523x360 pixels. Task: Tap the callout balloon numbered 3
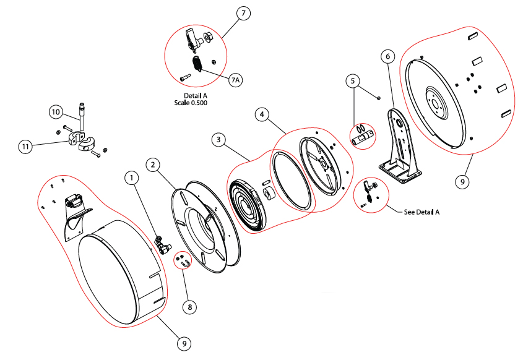coord(218,140)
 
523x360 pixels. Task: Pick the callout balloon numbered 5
coord(353,80)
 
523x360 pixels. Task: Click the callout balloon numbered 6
coord(387,56)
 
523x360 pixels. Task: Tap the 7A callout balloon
coord(235,80)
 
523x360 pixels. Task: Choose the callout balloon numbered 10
coord(56,112)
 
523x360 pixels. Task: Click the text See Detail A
coord(421,212)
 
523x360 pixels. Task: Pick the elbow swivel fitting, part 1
coord(163,244)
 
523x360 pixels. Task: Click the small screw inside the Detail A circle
coord(185,78)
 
